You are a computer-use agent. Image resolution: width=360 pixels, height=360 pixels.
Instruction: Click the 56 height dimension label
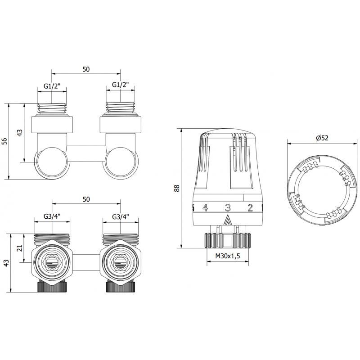[4, 141]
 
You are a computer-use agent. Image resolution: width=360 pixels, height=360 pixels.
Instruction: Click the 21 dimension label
[19, 248]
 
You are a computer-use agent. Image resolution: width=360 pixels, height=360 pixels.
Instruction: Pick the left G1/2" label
[53, 85]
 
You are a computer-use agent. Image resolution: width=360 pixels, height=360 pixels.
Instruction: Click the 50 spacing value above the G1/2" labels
[86, 69]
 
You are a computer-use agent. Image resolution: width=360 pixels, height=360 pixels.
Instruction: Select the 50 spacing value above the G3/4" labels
[86, 199]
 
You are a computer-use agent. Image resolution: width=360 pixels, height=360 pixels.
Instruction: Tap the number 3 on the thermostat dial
[228, 207]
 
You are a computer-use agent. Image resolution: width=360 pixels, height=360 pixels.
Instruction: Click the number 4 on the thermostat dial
[205, 207]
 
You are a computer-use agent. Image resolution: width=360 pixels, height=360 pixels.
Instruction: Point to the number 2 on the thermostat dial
[251, 207]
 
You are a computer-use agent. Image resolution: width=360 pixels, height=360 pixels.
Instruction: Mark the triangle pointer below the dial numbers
[227, 221]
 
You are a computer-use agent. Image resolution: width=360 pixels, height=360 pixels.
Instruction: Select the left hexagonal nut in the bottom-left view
[52, 262]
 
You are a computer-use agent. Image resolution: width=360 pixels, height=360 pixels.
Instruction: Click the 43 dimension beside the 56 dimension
[19, 133]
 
